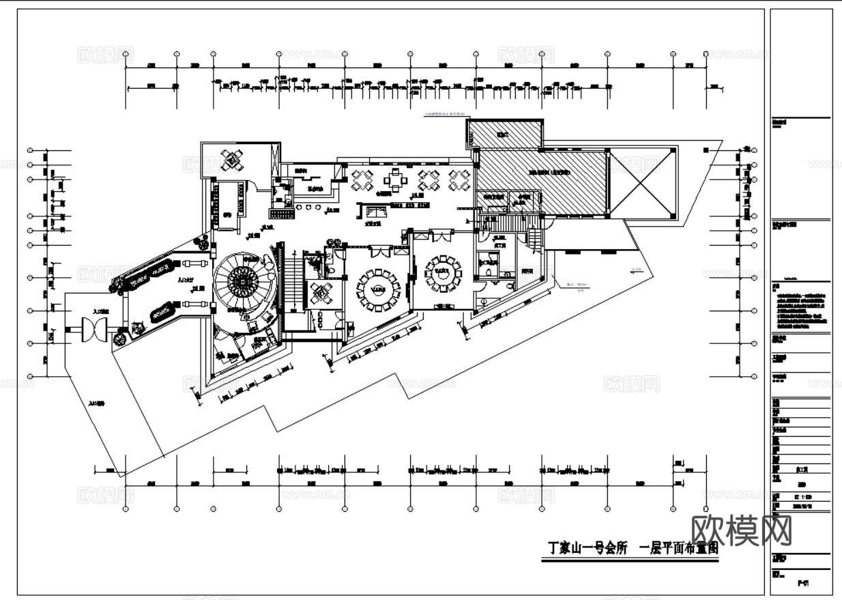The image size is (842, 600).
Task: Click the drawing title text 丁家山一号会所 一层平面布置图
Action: pos(633,548)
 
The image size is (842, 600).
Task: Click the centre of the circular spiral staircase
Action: pos(241,279)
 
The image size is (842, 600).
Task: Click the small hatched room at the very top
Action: pos(506,133)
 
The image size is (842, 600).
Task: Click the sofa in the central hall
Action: pos(374,211)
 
